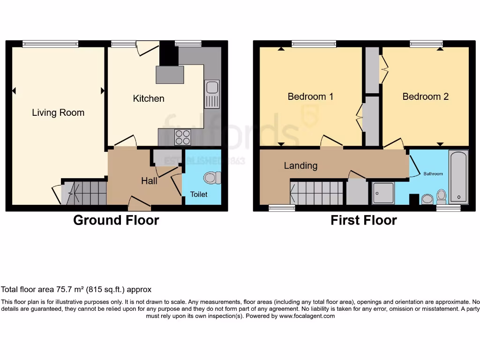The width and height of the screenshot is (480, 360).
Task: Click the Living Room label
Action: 58,113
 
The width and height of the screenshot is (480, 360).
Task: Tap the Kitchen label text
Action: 149,98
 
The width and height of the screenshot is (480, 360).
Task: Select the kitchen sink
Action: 211,94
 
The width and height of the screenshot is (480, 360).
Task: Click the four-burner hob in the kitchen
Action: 183,137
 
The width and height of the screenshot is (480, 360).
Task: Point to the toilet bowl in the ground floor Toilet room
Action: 212,178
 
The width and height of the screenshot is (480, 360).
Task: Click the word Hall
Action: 149,180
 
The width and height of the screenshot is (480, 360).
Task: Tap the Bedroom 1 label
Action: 310,97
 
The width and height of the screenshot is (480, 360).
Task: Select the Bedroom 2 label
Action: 426,97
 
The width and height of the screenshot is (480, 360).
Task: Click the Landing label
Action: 300,165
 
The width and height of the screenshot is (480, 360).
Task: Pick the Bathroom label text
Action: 433,174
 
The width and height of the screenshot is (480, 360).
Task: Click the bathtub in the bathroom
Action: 458,177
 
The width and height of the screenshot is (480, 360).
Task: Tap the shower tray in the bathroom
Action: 383,194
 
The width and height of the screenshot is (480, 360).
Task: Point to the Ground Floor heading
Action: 116,220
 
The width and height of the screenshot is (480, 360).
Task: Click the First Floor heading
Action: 363,220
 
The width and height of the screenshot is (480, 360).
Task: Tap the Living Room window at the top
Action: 50,44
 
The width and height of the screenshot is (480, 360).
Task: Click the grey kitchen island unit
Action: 170,75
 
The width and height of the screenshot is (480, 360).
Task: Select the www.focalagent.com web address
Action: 307,316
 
